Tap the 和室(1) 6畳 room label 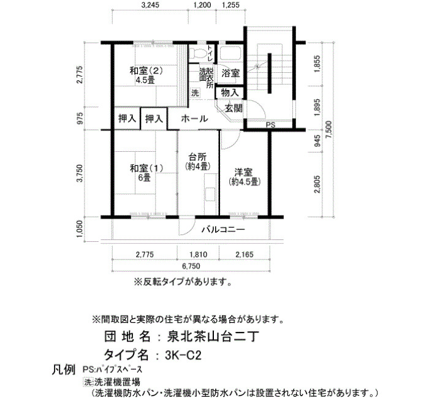point(146,173)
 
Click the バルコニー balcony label point(223,230)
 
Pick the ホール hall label point(194,119)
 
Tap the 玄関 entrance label point(233,108)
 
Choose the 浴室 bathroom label point(230,73)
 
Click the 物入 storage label point(230,92)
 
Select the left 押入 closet point(127,119)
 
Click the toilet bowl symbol point(199,53)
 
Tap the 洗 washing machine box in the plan point(195,92)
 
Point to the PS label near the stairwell point(271,125)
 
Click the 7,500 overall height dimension point(328,130)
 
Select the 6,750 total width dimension point(191,266)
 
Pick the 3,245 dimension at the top point(150,5)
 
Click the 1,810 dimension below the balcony point(199,255)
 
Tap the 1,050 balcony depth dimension point(79,229)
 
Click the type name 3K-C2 point(183,355)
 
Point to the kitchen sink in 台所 point(210,194)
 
